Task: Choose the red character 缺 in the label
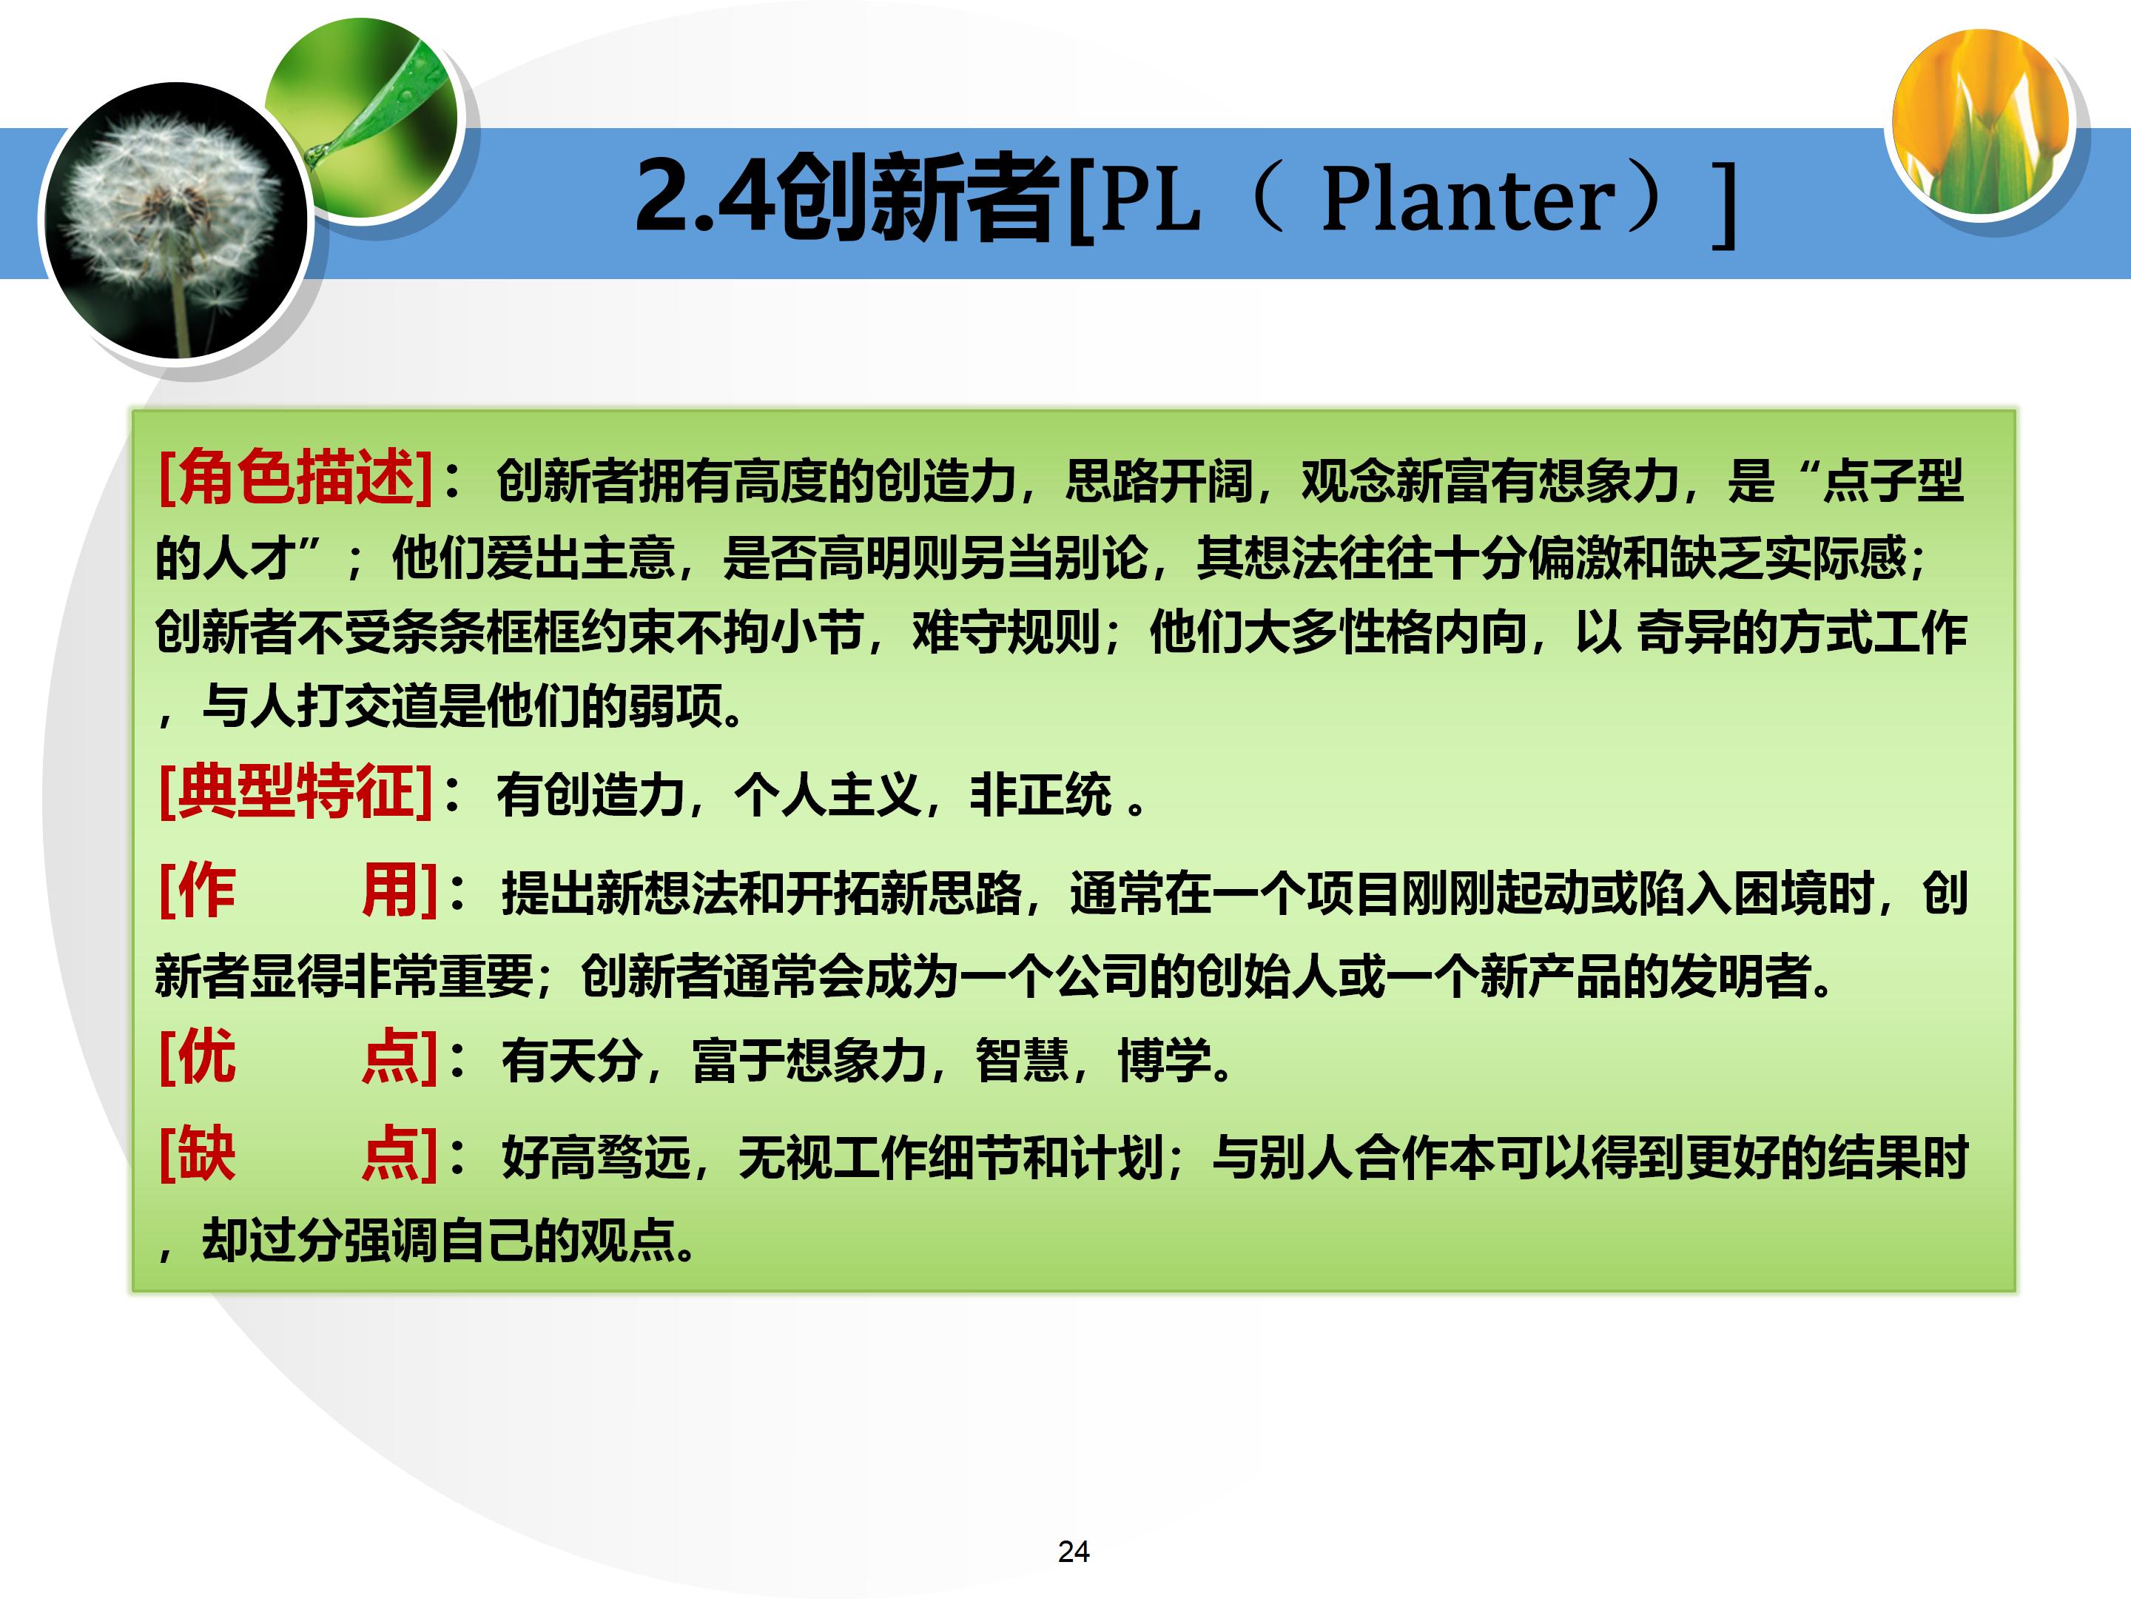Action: coord(206,1153)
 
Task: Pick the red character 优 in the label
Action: coord(206,1056)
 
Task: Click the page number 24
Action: coord(1073,1551)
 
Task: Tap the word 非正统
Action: coord(1040,796)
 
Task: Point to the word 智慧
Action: coord(1022,1061)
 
